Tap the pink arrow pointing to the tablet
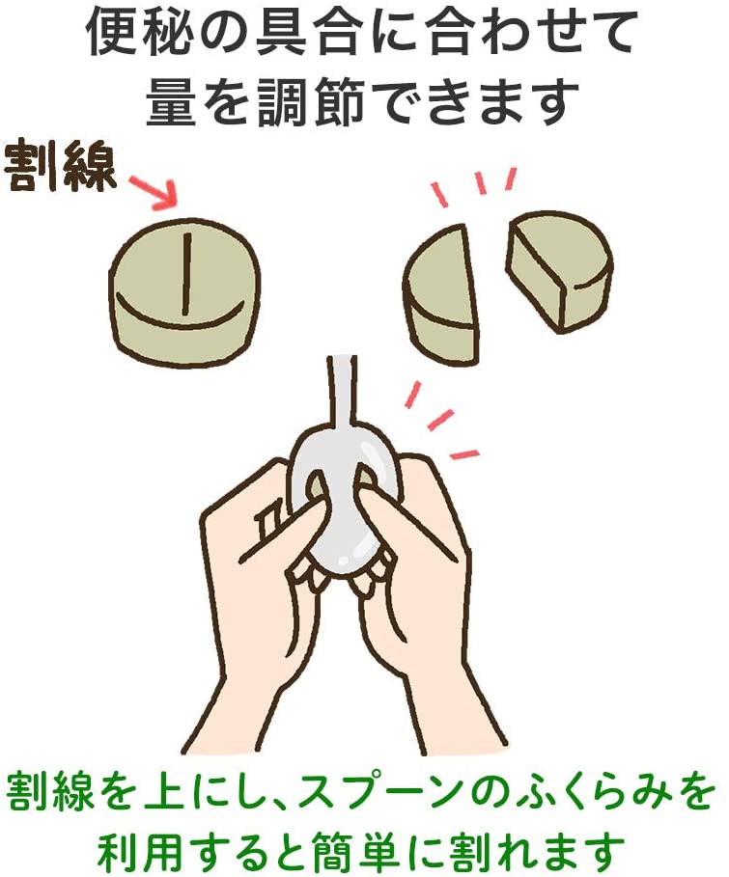[154, 192]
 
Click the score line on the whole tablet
[186, 275]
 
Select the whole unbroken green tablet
[184, 290]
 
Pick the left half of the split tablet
[442, 296]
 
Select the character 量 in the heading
[171, 99]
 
